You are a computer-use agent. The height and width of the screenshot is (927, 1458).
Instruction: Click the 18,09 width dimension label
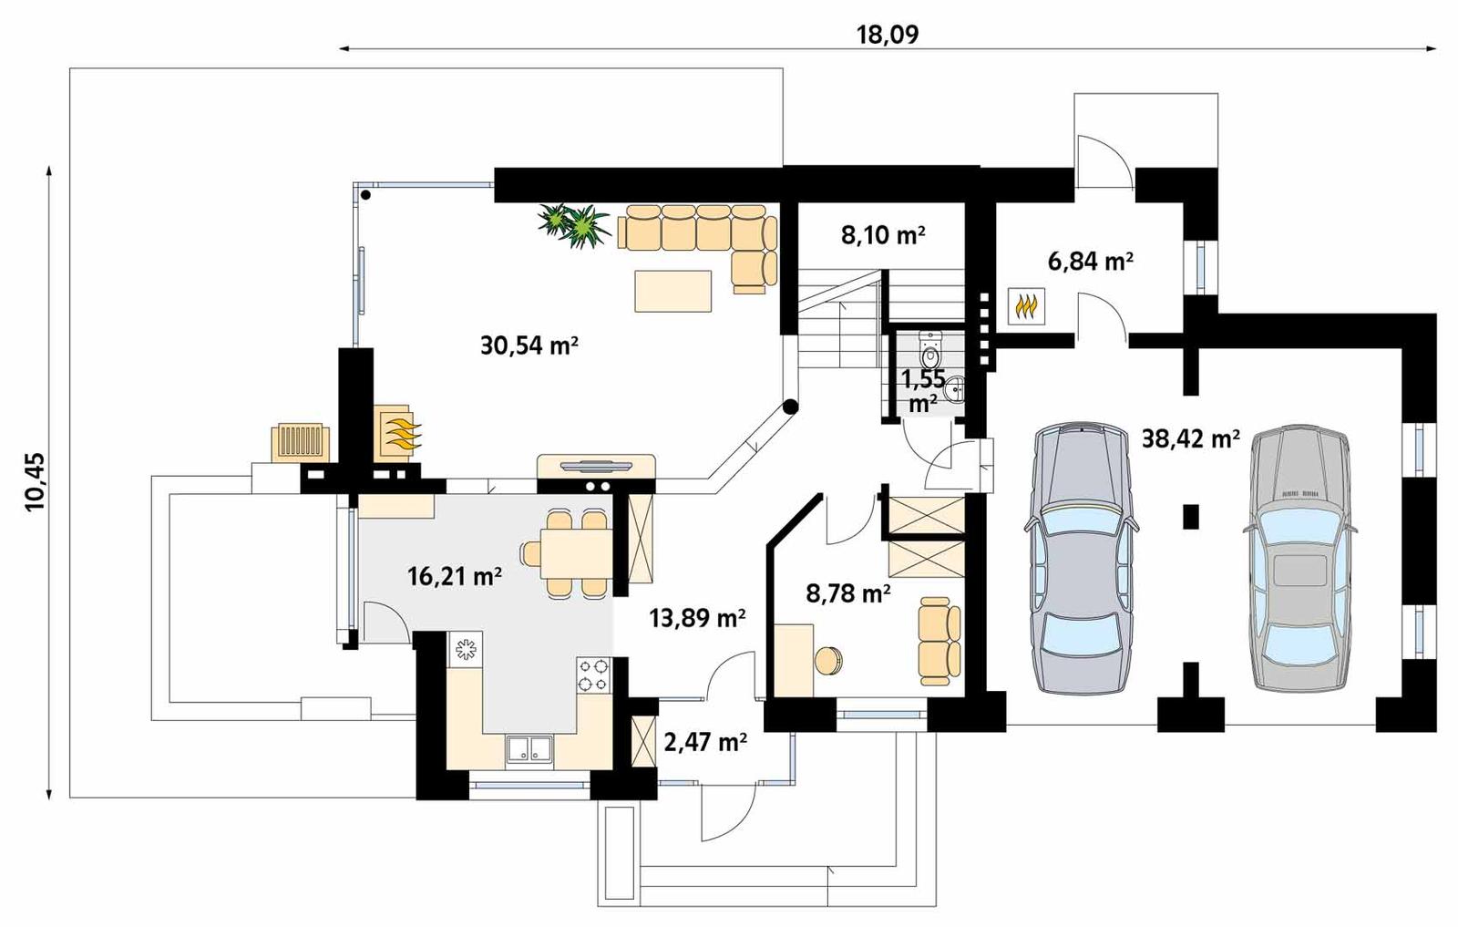coord(888,35)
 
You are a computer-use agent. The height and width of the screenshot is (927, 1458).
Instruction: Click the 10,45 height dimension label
coord(35,482)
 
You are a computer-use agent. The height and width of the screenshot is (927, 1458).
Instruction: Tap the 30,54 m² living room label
coord(529,345)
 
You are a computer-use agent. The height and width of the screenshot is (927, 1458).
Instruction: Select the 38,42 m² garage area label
coord(1190,439)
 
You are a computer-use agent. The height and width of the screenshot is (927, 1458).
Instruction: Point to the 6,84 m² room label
coord(1090,262)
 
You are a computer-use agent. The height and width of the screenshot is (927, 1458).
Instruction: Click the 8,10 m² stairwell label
coord(882,235)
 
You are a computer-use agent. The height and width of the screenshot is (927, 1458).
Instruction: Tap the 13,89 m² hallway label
coord(697,619)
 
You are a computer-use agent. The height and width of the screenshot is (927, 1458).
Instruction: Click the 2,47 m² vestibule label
coord(705,742)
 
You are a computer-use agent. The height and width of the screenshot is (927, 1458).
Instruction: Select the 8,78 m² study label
coord(847,594)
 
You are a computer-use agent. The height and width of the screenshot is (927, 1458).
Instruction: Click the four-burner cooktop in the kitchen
coord(592,675)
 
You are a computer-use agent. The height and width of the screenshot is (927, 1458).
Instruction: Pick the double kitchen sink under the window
coord(529,748)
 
